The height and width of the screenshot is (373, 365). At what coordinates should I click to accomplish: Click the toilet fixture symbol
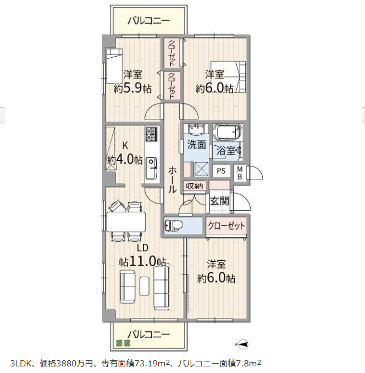coord(174,225)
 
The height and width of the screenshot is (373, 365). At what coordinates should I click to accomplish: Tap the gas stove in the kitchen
coord(151,134)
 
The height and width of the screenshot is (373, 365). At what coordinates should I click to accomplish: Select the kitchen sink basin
coord(151,168)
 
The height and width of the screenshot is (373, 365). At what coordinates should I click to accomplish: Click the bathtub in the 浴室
coord(228,132)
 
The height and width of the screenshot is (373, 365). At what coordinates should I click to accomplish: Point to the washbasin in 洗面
coord(196,130)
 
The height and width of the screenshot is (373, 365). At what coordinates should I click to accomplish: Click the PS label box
coord(221,171)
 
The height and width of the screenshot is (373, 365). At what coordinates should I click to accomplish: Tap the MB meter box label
coord(240,173)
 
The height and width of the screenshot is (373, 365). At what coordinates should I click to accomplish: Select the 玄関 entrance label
coord(219,201)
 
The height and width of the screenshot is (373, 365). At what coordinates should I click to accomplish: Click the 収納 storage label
coord(195,186)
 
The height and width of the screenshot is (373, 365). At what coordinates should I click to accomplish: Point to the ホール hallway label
coord(172,179)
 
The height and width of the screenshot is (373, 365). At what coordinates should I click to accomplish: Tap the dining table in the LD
coord(126,222)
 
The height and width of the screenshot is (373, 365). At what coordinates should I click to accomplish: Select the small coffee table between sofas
coord(144,286)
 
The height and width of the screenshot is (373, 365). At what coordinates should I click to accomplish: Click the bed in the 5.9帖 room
coord(114,66)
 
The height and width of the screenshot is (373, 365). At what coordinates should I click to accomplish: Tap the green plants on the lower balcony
coord(123,343)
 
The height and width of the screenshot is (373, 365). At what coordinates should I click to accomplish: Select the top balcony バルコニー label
coord(149,21)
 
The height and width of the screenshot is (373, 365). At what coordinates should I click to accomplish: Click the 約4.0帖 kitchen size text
coord(125,160)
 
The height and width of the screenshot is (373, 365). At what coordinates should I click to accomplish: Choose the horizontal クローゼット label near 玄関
coord(226,226)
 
